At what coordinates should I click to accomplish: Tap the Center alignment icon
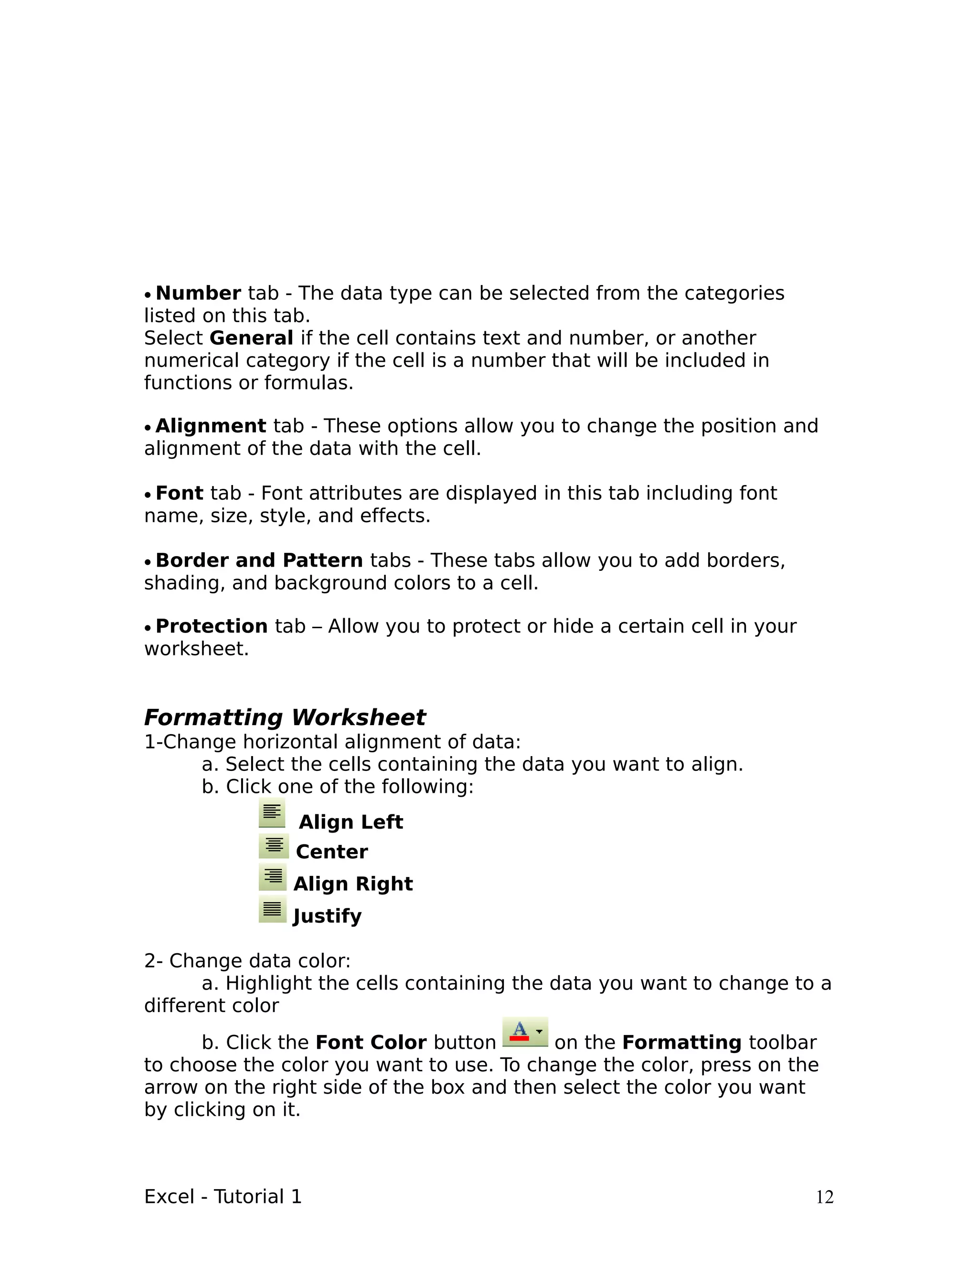pyautogui.click(x=274, y=846)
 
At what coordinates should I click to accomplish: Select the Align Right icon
pyautogui.click(x=272, y=877)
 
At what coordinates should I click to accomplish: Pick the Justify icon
pyautogui.click(x=272, y=909)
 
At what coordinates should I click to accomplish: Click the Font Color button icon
pyautogui.click(x=524, y=1032)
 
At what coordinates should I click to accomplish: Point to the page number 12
pyautogui.click(x=824, y=1197)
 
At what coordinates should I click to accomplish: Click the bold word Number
pyautogui.click(x=198, y=293)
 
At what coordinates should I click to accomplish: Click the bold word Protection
pyautogui.click(x=212, y=626)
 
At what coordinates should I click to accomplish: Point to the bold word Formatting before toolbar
pyautogui.click(x=681, y=1043)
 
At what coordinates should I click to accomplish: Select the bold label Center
pyautogui.click(x=332, y=852)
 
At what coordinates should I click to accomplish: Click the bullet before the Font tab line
pyautogui.click(x=148, y=495)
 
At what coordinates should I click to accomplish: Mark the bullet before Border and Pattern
pyautogui.click(x=148, y=562)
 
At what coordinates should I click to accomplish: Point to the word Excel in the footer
pyautogui.click(x=169, y=1197)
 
